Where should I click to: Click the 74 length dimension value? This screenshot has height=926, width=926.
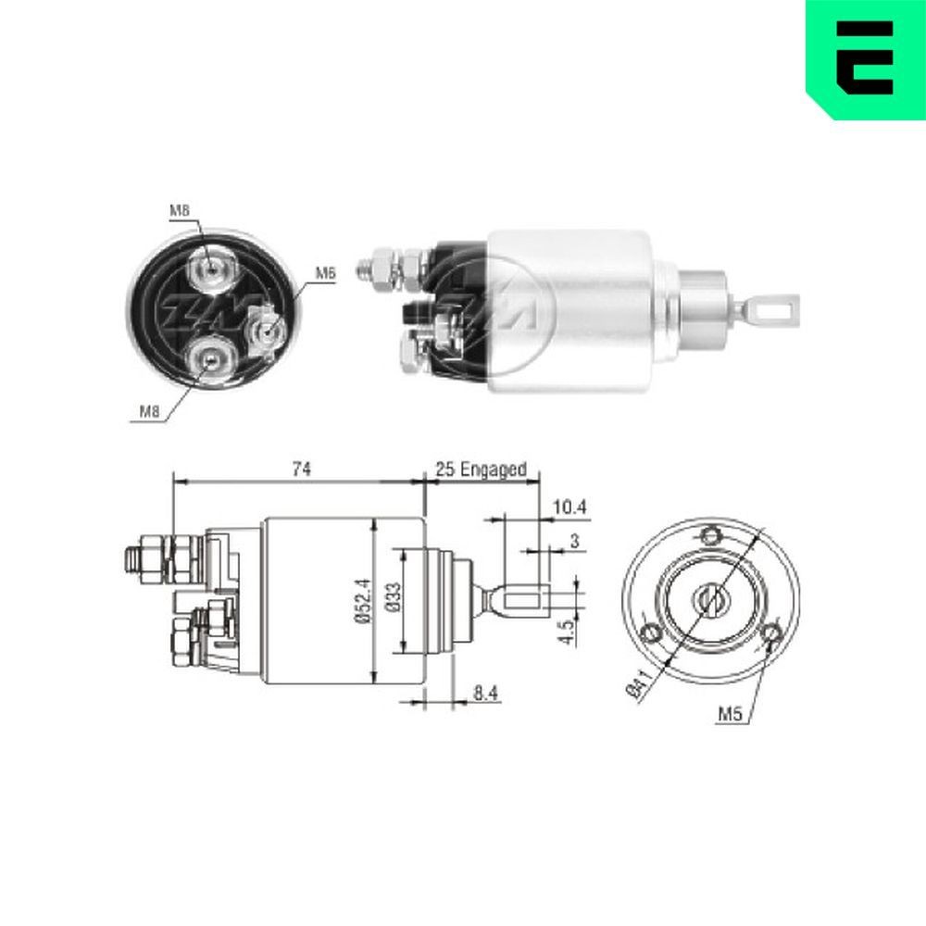pyautogui.click(x=299, y=470)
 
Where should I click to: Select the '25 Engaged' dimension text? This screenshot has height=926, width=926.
pyautogui.click(x=481, y=470)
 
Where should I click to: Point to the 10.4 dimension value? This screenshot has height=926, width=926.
pyautogui.click(x=570, y=507)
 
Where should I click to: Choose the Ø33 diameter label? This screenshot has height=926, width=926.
pyautogui.click(x=392, y=602)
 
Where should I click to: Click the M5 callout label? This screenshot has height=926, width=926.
pyautogui.click(x=731, y=714)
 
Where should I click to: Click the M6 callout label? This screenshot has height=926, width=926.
pyautogui.click(x=324, y=273)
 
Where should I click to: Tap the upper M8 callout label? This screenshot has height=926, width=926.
pyautogui.click(x=180, y=212)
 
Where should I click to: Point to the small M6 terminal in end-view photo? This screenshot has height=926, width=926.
pyautogui.click(x=263, y=330)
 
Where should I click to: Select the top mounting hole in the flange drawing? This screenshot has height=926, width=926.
pyautogui.click(x=710, y=535)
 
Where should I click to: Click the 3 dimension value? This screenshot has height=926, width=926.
pyautogui.click(x=575, y=541)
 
